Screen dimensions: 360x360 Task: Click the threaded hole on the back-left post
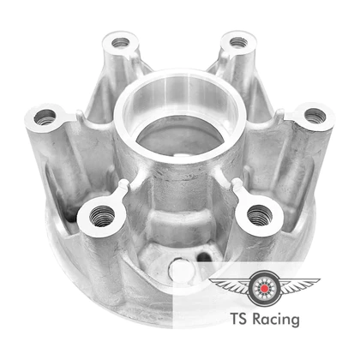click(x=120, y=43)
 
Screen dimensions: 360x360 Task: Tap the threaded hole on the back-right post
click(x=238, y=43)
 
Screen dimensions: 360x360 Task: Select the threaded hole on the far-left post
click(x=45, y=117)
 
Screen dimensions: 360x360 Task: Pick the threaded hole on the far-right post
click(x=315, y=116)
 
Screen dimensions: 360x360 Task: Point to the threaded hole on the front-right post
click(x=260, y=215)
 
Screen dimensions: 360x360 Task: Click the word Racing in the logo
click(x=276, y=320)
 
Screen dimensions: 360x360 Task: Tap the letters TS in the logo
click(x=239, y=318)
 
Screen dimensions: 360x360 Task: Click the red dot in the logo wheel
click(x=265, y=288)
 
